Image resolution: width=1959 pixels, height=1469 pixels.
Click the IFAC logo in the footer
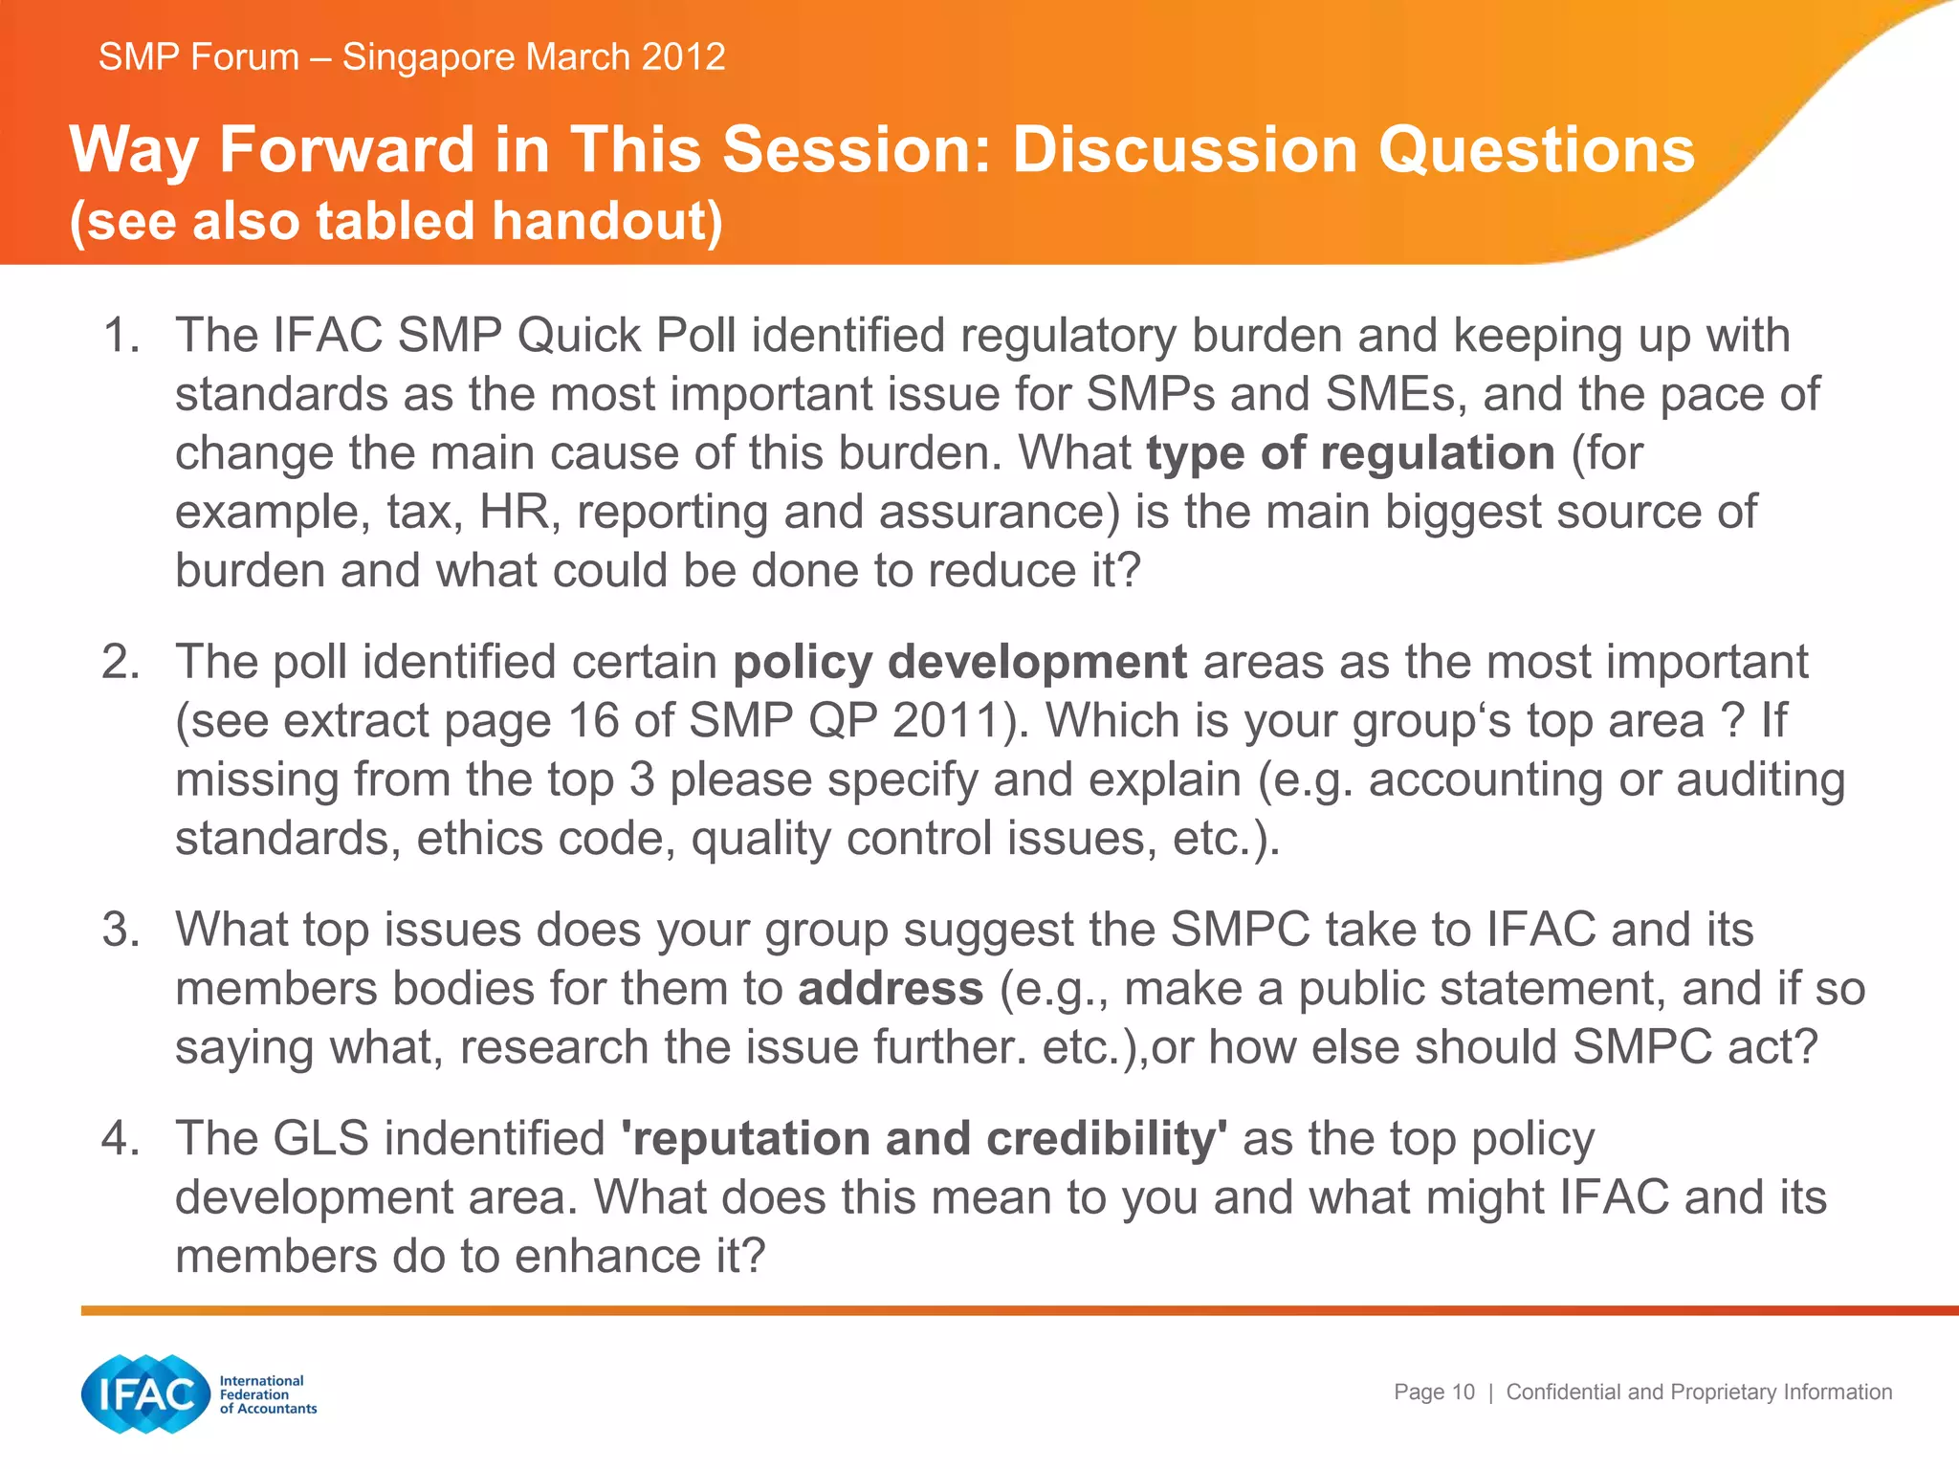[145, 1393]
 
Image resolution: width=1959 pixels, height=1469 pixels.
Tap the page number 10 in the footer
[1464, 1392]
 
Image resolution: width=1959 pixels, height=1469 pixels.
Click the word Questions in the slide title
[1536, 150]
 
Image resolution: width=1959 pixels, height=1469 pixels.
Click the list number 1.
[119, 336]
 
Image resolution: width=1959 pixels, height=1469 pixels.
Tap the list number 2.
[119, 662]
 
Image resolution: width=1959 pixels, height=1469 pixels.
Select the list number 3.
[119, 930]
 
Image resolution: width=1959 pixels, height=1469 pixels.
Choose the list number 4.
[119, 1138]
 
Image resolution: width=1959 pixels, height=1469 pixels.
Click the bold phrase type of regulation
[1350, 453]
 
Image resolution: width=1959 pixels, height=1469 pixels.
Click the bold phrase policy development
[959, 662]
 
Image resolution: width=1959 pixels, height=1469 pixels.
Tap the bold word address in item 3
[890, 989]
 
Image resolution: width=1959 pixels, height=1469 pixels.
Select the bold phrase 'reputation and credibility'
[924, 1138]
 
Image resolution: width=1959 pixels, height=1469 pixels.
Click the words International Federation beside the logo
[261, 1387]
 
